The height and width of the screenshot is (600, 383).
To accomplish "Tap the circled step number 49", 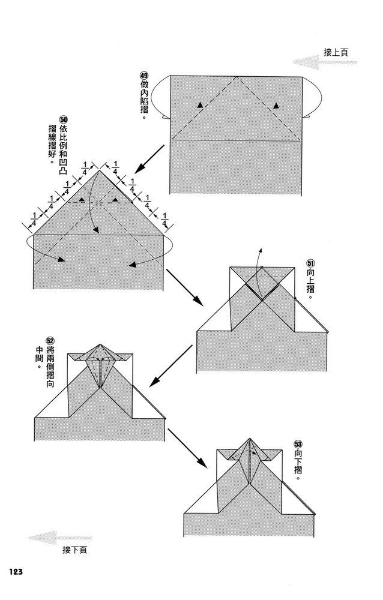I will (x=143, y=76).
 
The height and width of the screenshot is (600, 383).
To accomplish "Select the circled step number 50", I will (x=62, y=120).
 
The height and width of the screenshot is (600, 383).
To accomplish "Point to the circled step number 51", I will (x=310, y=263).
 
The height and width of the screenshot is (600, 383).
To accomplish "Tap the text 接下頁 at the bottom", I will (x=74, y=550).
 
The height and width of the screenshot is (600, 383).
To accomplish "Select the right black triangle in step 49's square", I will (x=276, y=105).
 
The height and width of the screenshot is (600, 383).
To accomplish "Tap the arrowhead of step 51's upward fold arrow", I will (x=260, y=248).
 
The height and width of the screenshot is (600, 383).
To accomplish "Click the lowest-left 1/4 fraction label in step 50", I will (x=33, y=220).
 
